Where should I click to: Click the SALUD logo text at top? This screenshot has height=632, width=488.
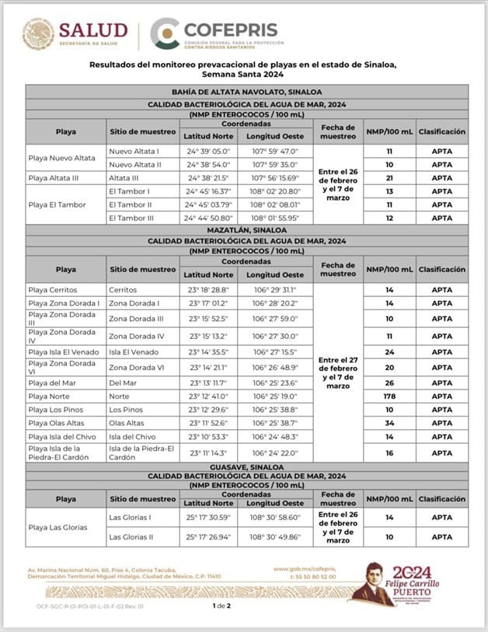tap(93, 31)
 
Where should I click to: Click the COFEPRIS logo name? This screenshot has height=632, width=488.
tap(230, 30)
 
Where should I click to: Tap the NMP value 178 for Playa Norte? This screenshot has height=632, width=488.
tap(389, 396)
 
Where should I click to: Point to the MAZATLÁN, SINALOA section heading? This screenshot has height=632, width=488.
tap(246, 231)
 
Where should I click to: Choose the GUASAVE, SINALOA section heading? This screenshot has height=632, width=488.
tap(246, 466)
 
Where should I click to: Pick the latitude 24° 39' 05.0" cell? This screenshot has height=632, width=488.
tap(207, 152)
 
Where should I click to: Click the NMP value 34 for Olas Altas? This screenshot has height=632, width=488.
tap(389, 423)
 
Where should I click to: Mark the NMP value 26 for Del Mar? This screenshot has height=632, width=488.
tap(389, 382)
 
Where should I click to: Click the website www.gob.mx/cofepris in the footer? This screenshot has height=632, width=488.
tap(304, 569)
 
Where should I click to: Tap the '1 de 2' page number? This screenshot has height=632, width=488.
tap(221, 605)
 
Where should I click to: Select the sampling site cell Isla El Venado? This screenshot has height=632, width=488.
tap(135, 352)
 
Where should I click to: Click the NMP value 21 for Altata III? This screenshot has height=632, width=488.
tap(389, 178)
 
